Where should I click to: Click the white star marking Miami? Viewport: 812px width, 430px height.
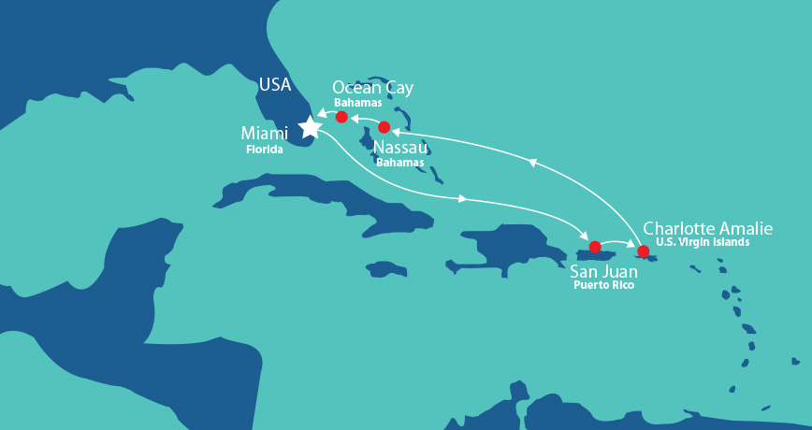click(x=309, y=125)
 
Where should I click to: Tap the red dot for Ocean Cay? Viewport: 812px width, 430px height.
click(x=341, y=117)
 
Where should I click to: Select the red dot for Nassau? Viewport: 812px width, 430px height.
click(x=384, y=127)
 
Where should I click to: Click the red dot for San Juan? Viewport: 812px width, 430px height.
click(x=594, y=247)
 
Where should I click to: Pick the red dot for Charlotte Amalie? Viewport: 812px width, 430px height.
click(x=643, y=251)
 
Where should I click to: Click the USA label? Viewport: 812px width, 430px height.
click(x=275, y=85)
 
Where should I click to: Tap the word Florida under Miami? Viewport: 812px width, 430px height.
click(x=264, y=149)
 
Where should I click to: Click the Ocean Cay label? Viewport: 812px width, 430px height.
click(x=372, y=88)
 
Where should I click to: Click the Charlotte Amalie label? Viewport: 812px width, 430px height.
click(x=708, y=228)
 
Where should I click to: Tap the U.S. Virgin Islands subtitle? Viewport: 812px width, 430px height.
click(x=703, y=242)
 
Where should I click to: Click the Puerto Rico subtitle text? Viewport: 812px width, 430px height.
click(x=603, y=285)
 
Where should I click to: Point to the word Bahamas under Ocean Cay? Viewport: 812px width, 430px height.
click(x=358, y=103)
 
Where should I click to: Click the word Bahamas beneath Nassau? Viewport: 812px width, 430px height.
click(x=399, y=162)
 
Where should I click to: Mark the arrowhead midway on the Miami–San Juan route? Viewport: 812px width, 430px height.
click(x=463, y=198)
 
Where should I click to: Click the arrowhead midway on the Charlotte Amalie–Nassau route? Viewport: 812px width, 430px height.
click(x=532, y=163)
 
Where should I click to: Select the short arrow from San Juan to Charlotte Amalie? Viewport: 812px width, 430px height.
click(x=618, y=244)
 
